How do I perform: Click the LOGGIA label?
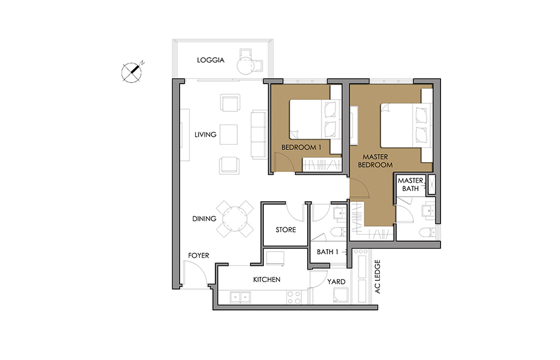(x=211, y=60)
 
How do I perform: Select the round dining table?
(x=234, y=219)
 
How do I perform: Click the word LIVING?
(x=206, y=134)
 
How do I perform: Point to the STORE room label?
(x=286, y=230)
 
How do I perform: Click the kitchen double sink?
(x=240, y=297)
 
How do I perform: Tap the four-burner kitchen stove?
(x=294, y=298)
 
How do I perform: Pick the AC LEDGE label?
(x=378, y=276)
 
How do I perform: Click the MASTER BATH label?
(x=410, y=185)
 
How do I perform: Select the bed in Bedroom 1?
(x=313, y=119)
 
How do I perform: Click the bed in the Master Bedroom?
(x=404, y=125)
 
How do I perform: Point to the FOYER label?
(x=199, y=256)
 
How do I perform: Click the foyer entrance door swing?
(x=195, y=273)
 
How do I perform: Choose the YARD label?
(x=336, y=282)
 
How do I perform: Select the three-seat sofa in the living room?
(x=259, y=134)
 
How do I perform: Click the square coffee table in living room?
(x=229, y=134)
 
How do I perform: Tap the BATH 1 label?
(x=327, y=252)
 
